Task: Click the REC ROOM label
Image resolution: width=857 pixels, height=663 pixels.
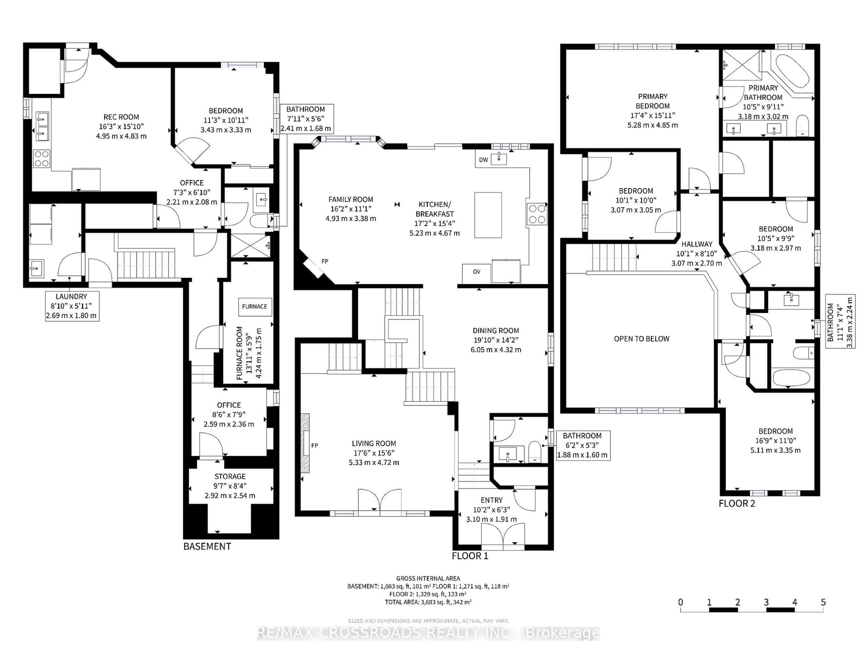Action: [121, 117]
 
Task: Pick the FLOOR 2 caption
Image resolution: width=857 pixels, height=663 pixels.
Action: [736, 504]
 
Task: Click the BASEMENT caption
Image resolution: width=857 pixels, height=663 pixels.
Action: [207, 546]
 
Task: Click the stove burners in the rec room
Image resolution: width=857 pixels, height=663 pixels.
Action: [41, 158]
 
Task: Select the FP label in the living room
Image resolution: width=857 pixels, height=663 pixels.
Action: [314, 446]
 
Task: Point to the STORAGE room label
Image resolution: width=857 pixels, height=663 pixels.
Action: [230, 477]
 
